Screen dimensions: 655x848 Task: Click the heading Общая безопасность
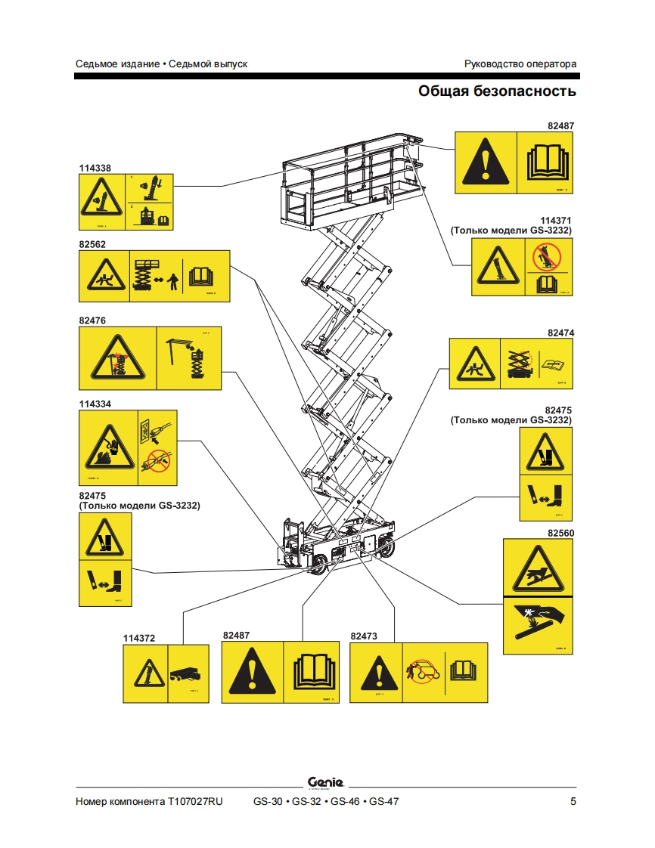497,91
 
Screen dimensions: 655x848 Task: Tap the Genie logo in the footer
326,781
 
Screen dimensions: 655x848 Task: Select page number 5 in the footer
573,801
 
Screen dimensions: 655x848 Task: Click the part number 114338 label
95,168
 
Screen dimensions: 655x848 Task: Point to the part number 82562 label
92,244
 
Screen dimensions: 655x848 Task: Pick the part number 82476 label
92,320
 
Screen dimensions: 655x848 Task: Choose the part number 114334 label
95,404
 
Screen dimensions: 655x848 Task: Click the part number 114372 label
139,638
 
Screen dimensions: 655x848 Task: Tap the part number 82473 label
364,636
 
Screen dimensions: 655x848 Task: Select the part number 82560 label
560,533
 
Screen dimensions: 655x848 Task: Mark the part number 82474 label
560,333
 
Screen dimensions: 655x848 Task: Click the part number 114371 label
555,220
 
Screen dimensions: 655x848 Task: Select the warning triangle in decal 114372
144,673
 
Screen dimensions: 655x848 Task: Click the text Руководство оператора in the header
520,63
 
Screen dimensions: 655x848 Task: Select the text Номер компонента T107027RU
149,801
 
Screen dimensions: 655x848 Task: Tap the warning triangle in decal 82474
475,364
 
